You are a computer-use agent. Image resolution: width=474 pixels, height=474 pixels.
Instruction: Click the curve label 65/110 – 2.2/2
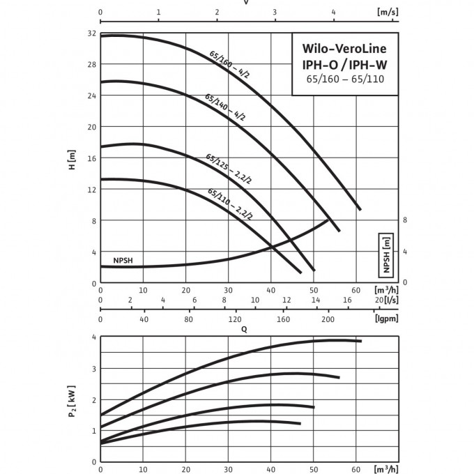point(230,204)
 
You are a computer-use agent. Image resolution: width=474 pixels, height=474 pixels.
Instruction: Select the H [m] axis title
point(72,161)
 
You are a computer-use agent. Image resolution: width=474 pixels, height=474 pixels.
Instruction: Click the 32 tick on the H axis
point(91,33)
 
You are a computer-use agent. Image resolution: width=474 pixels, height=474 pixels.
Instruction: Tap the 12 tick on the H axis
point(91,190)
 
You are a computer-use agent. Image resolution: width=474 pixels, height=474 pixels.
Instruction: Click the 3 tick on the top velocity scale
point(275,13)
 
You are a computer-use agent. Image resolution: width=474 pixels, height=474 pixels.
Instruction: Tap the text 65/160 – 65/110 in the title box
point(344,79)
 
